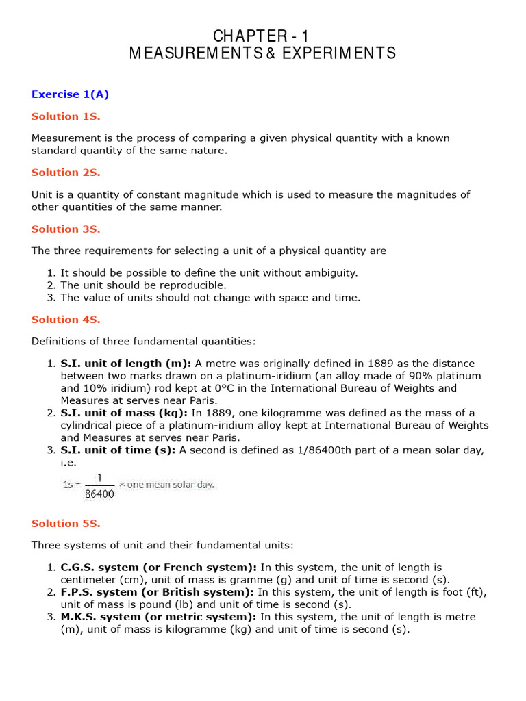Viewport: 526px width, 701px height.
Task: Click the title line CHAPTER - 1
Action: (262, 36)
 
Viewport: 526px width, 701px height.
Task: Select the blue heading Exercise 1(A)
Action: (70, 94)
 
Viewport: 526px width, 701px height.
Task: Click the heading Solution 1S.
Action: (66, 116)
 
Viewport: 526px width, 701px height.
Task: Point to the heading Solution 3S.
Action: (66, 229)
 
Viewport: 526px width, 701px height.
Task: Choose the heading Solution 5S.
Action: (66, 523)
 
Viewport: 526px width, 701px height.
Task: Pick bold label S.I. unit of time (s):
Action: (118, 449)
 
